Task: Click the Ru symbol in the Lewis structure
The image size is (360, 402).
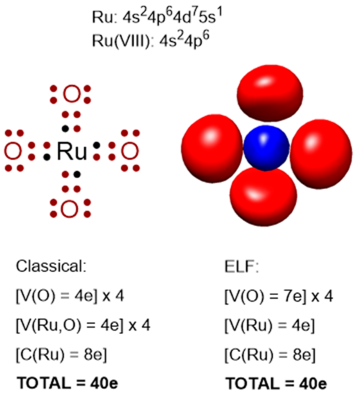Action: pyautogui.click(x=72, y=152)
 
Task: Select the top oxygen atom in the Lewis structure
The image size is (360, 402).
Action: pyautogui.click(x=71, y=95)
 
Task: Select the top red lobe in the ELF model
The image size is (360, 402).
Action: pyautogui.click(x=266, y=92)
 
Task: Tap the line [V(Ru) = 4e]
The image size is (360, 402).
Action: pyautogui.click(x=270, y=326)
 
